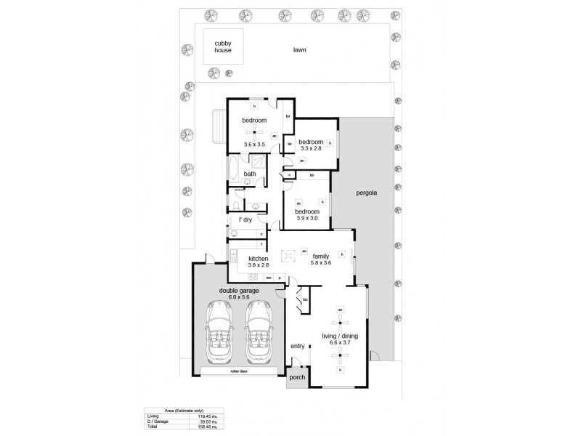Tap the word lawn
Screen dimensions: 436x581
299,51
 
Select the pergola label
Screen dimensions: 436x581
365,194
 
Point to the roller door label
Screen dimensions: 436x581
240,371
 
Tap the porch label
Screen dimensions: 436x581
297,379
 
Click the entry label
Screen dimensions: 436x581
297,346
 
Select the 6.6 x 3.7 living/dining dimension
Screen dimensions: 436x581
339,342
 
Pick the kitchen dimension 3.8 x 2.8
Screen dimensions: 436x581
259,266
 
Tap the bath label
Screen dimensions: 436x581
249,174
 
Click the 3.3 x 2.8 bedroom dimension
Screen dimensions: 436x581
310,148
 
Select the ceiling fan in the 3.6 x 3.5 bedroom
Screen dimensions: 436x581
253,132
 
